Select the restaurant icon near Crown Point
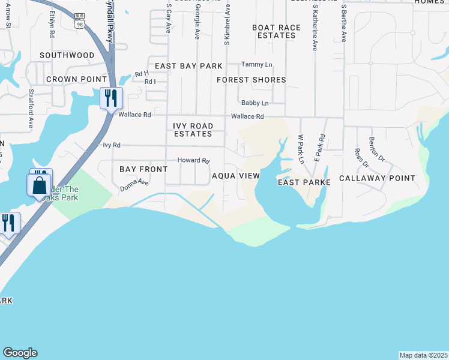click(x=111, y=98)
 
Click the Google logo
click(x=20, y=353)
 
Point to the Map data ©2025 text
click(x=423, y=355)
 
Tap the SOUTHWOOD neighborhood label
click(x=67, y=55)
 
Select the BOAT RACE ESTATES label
click(x=274, y=31)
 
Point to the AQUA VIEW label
click(x=236, y=176)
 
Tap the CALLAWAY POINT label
click(x=377, y=178)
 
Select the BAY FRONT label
click(x=143, y=170)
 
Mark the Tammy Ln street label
click(x=256, y=64)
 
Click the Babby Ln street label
click(x=255, y=103)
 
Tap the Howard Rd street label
click(x=193, y=161)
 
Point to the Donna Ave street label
click(x=134, y=185)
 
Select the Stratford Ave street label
click(x=30, y=109)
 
